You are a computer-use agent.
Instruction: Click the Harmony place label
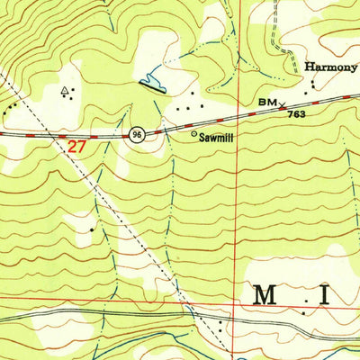click(x=330, y=66)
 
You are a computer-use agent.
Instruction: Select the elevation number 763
click(x=296, y=114)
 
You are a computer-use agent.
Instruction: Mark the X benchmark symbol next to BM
click(x=281, y=105)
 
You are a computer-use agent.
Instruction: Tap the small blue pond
click(x=154, y=84)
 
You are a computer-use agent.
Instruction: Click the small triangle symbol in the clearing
click(x=64, y=91)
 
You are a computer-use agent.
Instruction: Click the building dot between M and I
click(x=304, y=312)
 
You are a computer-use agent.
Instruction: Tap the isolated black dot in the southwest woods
click(x=92, y=229)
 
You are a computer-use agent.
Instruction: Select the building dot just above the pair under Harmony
click(x=313, y=84)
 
